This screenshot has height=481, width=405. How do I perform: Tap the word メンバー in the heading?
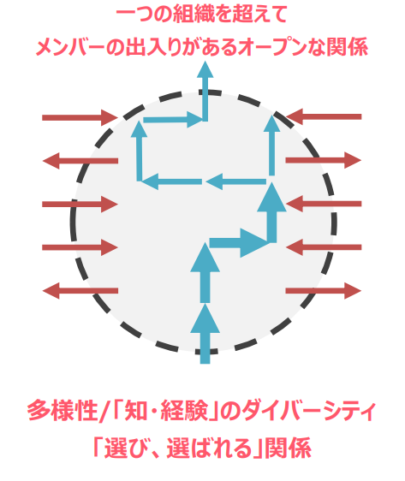[71, 48]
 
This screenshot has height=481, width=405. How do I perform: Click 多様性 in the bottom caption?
[63, 410]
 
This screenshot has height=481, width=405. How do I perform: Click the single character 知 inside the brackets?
[136, 410]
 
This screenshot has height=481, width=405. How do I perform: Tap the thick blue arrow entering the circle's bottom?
[205, 334]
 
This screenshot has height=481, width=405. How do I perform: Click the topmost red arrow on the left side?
[80, 117]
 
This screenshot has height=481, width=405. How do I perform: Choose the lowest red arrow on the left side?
[80, 290]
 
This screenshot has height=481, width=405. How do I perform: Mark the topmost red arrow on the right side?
[324, 116]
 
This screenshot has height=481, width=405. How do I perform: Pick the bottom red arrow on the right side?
[324, 290]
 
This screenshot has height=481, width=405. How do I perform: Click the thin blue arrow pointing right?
[173, 120]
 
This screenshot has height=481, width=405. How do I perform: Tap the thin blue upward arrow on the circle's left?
[140, 151]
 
